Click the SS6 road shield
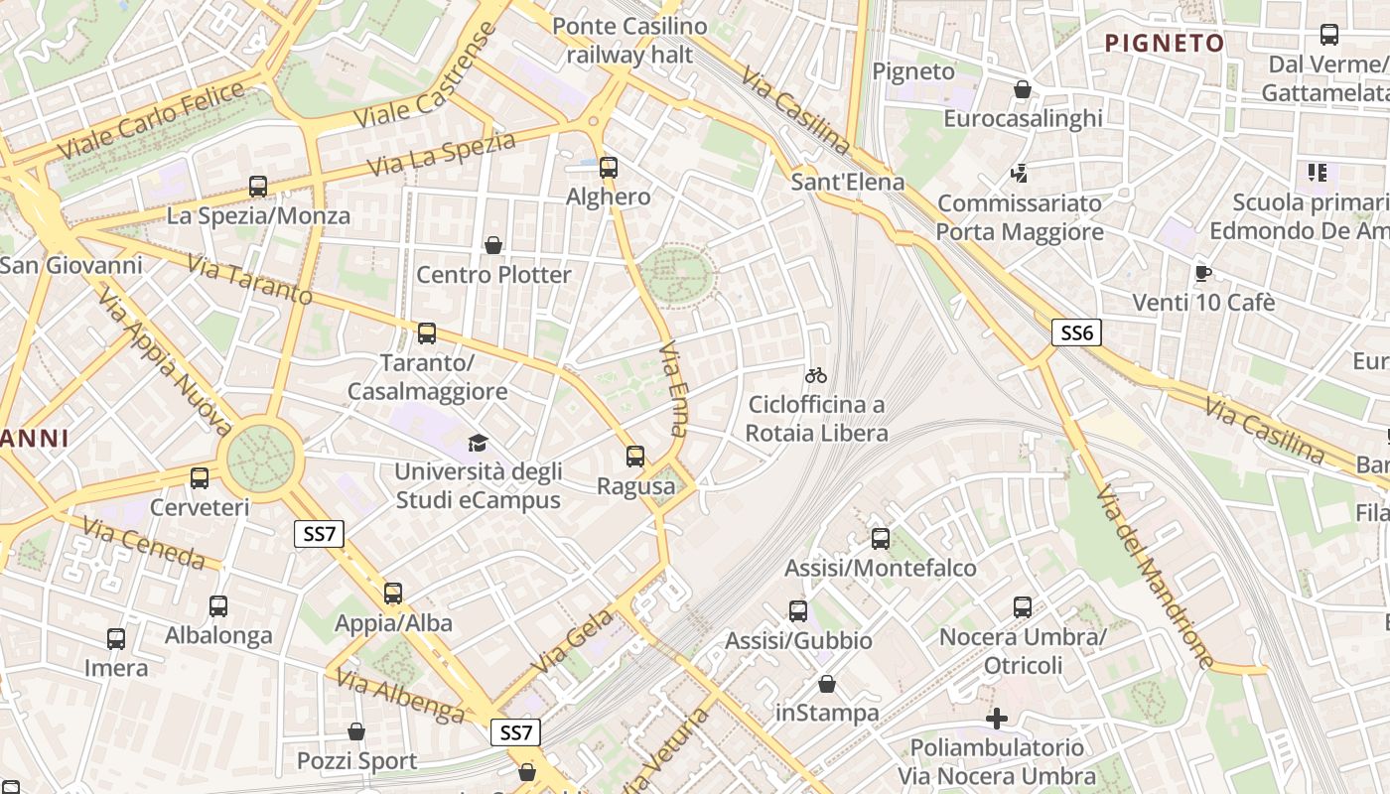(x=1076, y=332)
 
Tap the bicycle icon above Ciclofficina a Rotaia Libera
(x=816, y=375)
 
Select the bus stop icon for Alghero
(x=609, y=168)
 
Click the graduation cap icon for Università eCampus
(x=479, y=443)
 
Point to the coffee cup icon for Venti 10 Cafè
(x=1203, y=273)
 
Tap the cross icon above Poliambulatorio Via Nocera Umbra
(x=997, y=718)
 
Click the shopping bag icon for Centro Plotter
(x=493, y=245)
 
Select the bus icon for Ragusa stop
(x=635, y=457)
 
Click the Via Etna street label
(x=673, y=389)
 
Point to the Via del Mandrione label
(x=1155, y=576)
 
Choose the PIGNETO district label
(x=1165, y=44)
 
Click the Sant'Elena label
(x=848, y=182)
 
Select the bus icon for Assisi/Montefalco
(x=881, y=539)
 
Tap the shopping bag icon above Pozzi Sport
(x=356, y=732)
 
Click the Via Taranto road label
(x=249, y=281)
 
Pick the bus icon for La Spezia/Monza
(x=258, y=187)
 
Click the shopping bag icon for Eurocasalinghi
(x=1023, y=90)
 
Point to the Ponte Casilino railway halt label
(x=629, y=41)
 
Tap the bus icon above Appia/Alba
(x=393, y=594)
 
